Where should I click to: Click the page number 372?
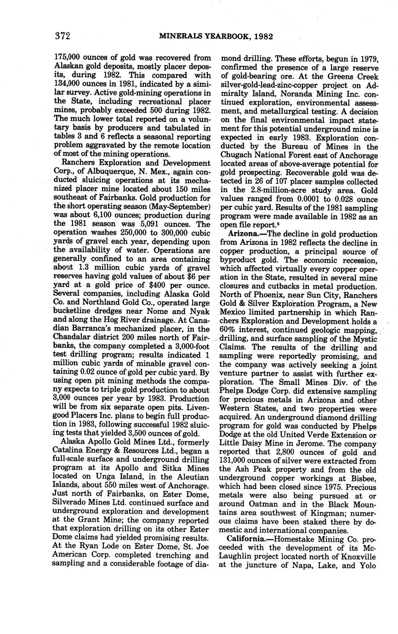click(x=62, y=36)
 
